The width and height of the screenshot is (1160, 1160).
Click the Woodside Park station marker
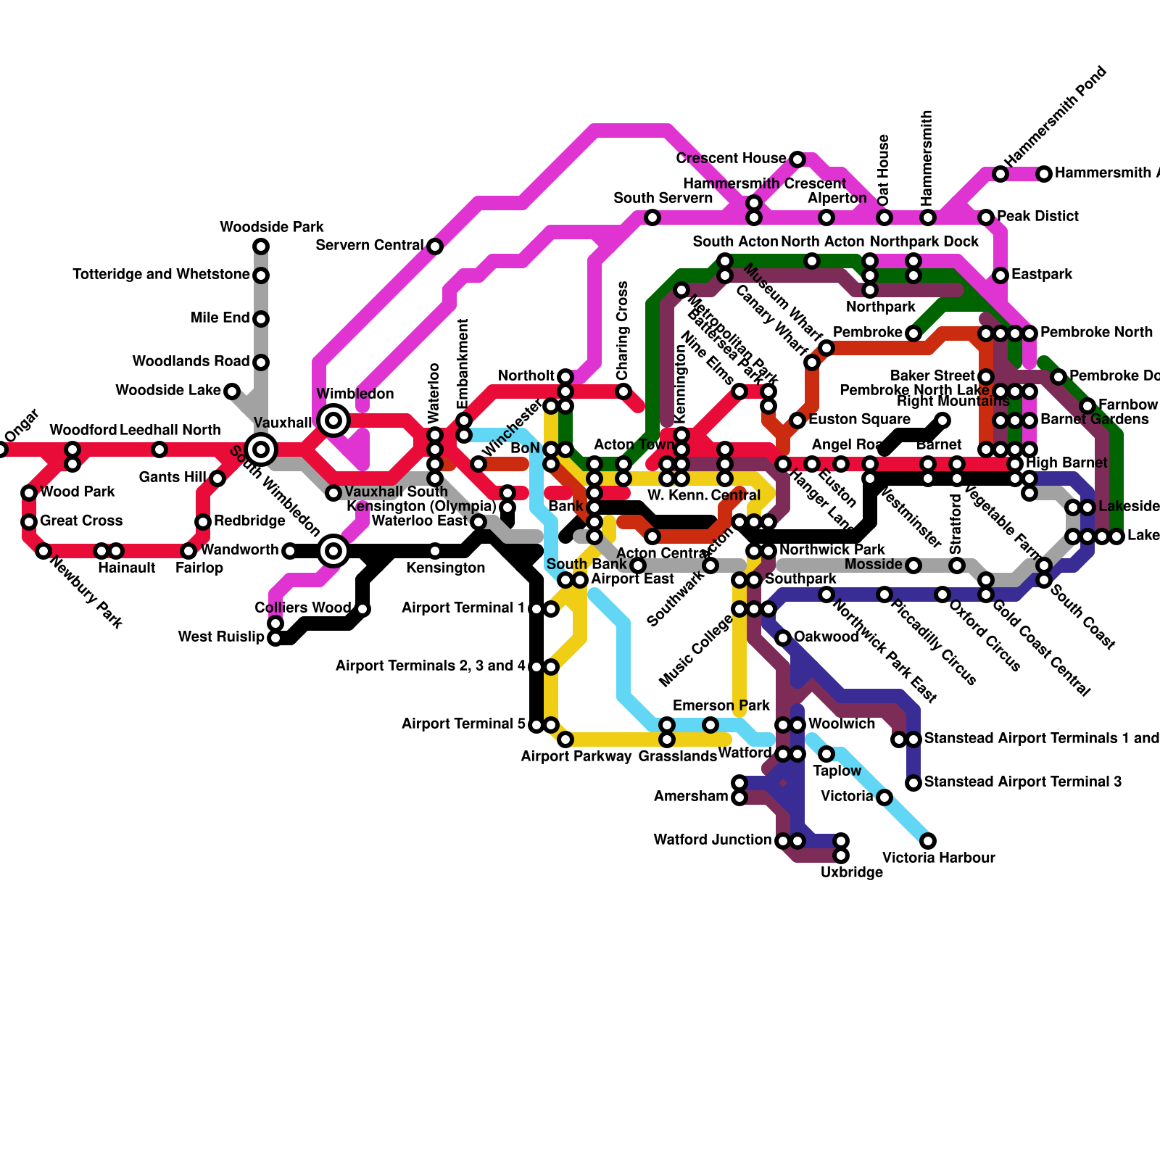(x=261, y=246)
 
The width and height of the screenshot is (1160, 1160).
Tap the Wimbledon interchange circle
(x=333, y=420)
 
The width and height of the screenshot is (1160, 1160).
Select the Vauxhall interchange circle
(x=261, y=449)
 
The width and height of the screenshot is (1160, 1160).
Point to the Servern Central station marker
(x=435, y=246)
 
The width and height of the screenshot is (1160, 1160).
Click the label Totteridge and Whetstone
(x=161, y=275)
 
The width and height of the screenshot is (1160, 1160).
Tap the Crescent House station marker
(x=797, y=159)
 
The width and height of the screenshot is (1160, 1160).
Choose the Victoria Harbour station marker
(x=928, y=841)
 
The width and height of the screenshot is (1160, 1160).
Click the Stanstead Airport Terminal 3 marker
(x=913, y=783)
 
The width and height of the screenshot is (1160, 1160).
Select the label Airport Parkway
(x=576, y=757)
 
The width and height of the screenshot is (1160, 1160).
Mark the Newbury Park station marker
(x=43, y=551)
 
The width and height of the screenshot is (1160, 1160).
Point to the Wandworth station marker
(x=290, y=551)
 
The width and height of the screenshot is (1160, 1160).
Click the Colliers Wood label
(x=302, y=608)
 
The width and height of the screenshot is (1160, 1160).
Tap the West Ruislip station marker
(x=275, y=638)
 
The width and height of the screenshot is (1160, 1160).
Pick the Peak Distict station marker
(x=986, y=217)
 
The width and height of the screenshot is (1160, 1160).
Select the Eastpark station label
(x=1042, y=275)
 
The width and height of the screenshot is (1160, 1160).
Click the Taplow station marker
(x=826, y=754)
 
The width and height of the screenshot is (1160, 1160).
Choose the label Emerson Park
(x=721, y=706)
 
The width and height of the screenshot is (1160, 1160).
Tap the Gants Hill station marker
(x=217, y=478)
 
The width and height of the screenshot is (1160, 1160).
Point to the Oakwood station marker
(x=783, y=638)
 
